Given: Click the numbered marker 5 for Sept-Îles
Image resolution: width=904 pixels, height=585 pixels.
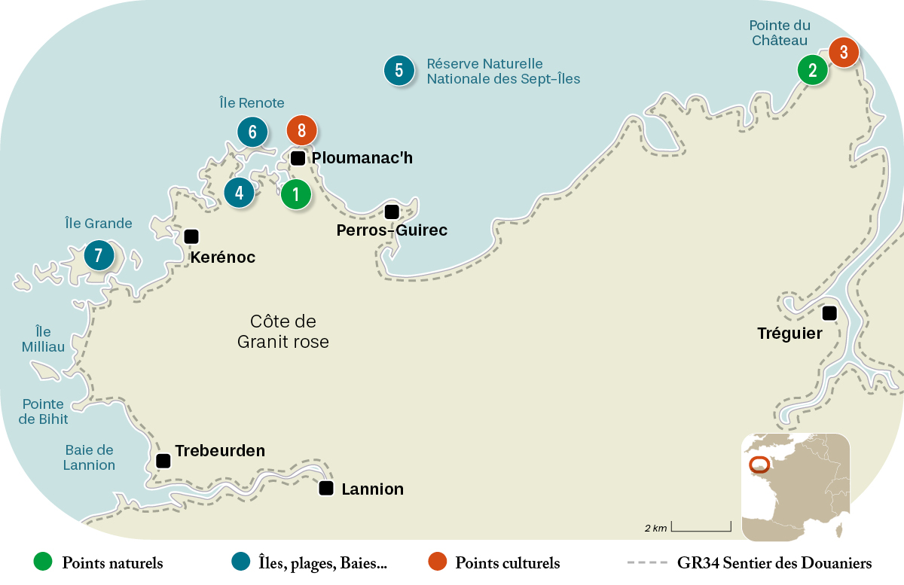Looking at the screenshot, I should tap(399, 70).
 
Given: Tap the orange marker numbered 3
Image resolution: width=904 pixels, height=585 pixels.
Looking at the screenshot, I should tap(844, 53).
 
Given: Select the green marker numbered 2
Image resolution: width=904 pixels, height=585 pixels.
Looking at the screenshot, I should tap(813, 71).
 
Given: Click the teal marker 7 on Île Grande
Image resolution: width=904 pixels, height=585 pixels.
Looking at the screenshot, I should tap(99, 255).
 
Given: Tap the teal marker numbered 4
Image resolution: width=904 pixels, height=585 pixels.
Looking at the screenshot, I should tap(240, 192).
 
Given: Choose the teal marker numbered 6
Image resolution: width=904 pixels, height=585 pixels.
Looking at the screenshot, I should tap(252, 133).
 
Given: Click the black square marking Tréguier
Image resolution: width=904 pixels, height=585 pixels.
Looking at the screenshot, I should tap(829, 313).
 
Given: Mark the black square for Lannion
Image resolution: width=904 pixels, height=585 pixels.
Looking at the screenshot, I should tap(326, 488).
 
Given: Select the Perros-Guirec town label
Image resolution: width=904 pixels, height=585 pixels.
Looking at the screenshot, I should tap(392, 230).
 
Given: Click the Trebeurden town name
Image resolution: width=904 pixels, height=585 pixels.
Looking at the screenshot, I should tap(220, 451).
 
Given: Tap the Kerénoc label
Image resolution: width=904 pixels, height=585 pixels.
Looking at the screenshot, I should tap(223, 257).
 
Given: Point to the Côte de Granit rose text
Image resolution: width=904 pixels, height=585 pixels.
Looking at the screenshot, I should tap(283, 331).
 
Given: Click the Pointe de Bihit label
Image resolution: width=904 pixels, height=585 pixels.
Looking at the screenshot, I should tap(44, 412).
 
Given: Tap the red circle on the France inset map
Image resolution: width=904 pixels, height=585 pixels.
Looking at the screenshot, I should tap(759, 465).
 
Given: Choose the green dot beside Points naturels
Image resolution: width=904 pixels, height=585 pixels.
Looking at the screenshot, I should tap(44, 562).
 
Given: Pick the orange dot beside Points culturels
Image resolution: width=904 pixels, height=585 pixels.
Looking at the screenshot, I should tap(437, 562).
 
